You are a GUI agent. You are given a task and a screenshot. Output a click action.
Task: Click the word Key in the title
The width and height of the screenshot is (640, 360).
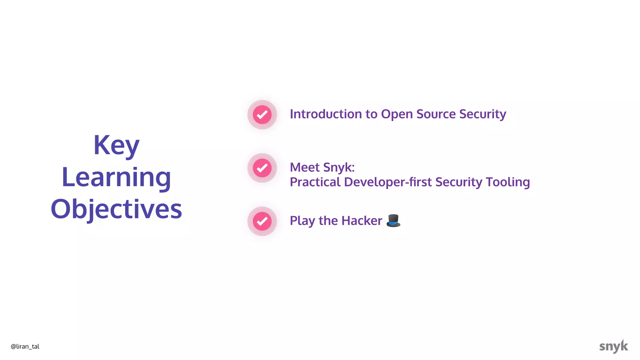[116, 145]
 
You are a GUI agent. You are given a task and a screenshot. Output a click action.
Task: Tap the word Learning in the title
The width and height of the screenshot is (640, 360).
[116, 177]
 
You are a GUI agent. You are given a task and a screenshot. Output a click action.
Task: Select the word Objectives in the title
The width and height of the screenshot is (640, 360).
[116, 209]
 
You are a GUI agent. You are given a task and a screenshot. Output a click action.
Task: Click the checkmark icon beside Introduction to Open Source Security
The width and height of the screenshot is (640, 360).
[262, 115]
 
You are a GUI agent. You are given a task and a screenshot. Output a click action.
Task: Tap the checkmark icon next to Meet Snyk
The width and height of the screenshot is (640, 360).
[262, 168]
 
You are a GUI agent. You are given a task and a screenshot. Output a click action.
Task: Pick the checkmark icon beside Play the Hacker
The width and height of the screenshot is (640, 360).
[262, 221]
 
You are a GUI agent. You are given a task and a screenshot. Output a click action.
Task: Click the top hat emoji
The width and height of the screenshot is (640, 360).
[393, 221]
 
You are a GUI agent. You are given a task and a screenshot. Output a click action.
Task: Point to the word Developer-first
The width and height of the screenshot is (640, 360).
[387, 182]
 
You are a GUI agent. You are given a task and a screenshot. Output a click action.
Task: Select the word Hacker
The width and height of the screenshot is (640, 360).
[362, 221]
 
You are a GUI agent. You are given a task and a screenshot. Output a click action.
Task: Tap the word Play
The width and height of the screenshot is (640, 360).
[302, 221]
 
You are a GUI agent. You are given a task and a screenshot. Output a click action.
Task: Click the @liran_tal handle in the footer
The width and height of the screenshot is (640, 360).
[25, 347]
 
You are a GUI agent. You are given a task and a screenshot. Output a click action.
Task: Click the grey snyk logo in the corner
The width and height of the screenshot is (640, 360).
[613, 346]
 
